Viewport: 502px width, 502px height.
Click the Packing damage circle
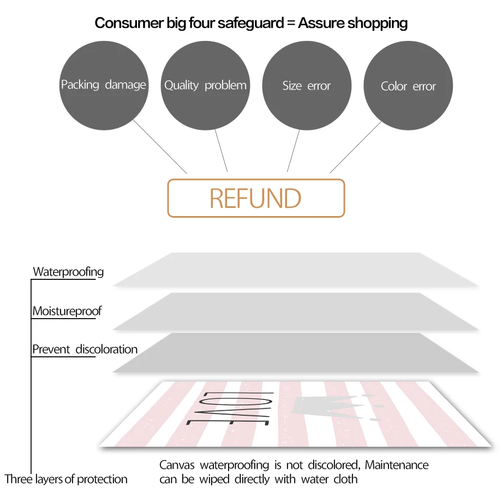pos(103,85)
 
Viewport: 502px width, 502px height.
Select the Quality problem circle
pos(205,85)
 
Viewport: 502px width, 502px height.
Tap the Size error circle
pos(307,86)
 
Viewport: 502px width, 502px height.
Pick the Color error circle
pos(408,86)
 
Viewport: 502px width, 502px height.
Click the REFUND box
pos(256,198)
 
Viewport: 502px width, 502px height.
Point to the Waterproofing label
pos(68,272)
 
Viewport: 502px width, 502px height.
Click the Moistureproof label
pos(67,312)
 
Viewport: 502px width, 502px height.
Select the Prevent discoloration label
pos(85,349)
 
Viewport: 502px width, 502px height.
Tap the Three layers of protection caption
pos(66,480)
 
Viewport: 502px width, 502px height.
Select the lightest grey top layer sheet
pos(295,270)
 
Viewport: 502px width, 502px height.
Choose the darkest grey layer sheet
pos(295,353)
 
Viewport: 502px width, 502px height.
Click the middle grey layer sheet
pos(295,312)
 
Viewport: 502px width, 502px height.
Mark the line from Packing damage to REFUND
pos(160,147)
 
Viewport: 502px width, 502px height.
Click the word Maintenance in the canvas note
pos(397,465)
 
